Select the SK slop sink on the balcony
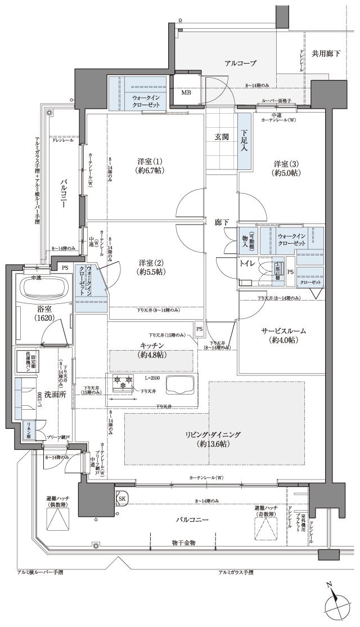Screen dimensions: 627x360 pyautogui.click(x=122, y=498)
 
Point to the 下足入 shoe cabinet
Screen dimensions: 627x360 pyautogui.click(x=244, y=140)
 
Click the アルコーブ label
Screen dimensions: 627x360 pyautogui.click(x=240, y=63)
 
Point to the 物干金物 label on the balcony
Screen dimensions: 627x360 pyautogui.click(x=183, y=542)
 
